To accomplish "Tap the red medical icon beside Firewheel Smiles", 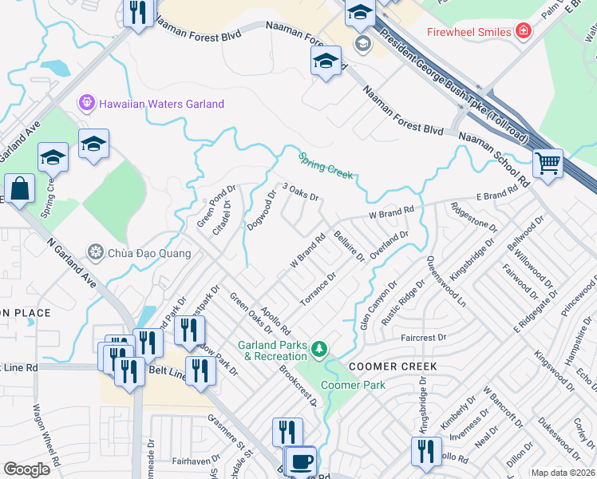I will (x=524, y=32).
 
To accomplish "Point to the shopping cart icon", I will (x=548, y=164).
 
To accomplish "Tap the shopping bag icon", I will (x=19, y=190).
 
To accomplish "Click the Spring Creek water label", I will (x=325, y=166).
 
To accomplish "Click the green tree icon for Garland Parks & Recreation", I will (x=319, y=349).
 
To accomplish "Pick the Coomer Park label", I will (x=353, y=385).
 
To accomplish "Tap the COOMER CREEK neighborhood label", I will (x=391, y=366).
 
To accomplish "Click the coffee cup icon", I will (x=302, y=461).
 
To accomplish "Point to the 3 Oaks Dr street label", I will (x=300, y=193).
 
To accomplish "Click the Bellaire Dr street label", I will (x=349, y=246).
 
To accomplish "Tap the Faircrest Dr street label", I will (x=423, y=338).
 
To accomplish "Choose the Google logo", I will (x=26, y=469).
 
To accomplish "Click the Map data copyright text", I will (x=563, y=473).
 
